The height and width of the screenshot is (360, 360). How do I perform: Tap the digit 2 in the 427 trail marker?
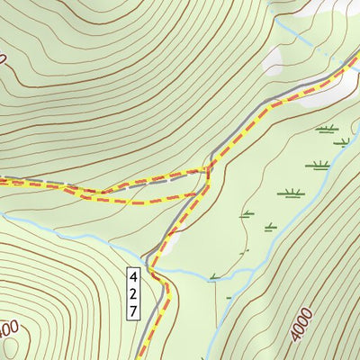(x=132, y=292)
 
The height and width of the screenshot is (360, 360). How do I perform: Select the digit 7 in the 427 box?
(x=132, y=310)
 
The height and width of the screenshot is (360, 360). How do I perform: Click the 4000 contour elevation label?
(x=302, y=323)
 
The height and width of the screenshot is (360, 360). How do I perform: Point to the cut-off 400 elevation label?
(x=7, y=330)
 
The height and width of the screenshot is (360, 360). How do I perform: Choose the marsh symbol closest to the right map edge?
(x=342, y=141)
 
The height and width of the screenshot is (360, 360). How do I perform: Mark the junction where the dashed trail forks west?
(x=208, y=169)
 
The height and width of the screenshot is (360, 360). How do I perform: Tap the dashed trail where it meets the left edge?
(x=3, y=182)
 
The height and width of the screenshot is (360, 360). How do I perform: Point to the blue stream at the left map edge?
(x=4, y=216)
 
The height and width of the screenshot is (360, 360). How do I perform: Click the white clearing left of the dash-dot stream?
(x=274, y=58)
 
